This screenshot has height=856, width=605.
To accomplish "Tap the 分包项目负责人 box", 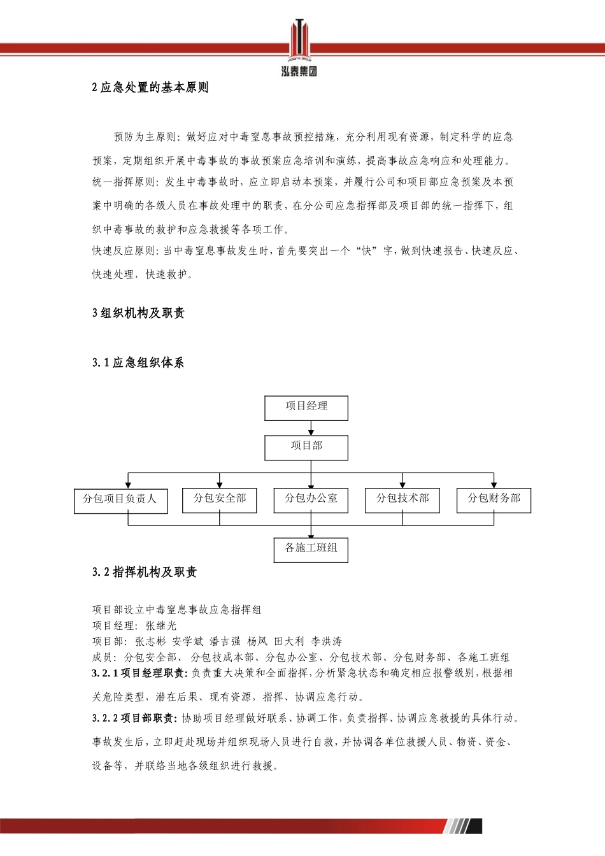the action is click(x=120, y=500).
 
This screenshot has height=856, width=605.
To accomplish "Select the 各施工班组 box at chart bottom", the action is click(x=311, y=549).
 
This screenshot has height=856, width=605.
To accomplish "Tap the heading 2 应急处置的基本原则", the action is click(x=150, y=87).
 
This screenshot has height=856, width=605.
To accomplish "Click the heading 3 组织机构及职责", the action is click(x=138, y=313).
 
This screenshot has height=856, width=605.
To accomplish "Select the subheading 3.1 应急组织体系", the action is click(x=138, y=362).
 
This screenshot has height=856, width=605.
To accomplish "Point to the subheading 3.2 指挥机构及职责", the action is click(x=145, y=572).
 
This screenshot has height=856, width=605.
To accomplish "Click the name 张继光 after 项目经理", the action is click(x=161, y=625).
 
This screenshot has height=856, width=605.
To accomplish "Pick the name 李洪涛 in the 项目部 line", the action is click(x=327, y=641).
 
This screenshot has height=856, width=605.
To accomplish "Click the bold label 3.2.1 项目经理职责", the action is click(x=139, y=673).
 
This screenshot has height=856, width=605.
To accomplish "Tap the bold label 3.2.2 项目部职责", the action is click(x=135, y=718).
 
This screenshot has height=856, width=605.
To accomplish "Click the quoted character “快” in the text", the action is click(x=367, y=251).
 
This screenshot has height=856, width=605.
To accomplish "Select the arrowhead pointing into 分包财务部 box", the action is click(x=494, y=485).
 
